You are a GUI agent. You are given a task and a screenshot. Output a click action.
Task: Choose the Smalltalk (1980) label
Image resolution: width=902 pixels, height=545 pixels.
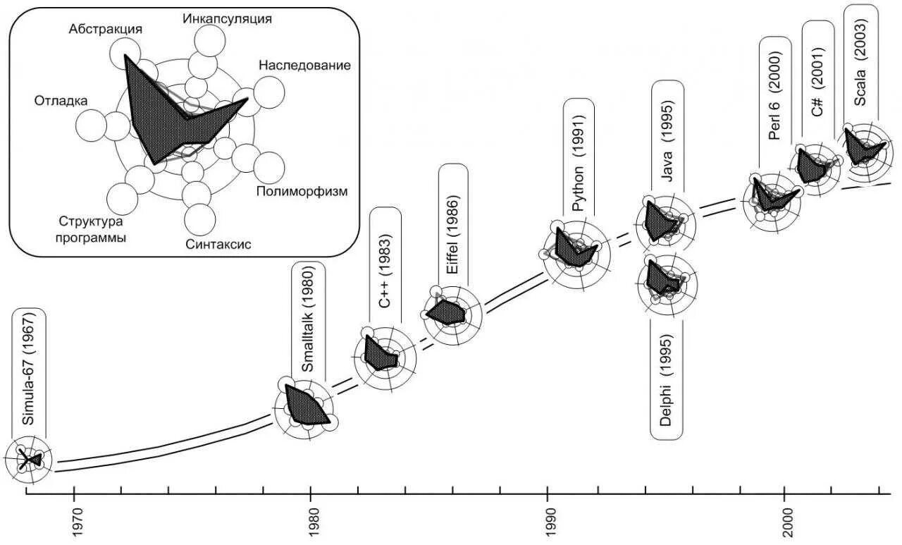308,323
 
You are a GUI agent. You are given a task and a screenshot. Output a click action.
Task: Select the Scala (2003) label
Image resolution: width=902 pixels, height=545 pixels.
860,61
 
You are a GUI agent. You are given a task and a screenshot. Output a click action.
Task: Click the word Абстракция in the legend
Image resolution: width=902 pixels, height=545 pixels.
106,29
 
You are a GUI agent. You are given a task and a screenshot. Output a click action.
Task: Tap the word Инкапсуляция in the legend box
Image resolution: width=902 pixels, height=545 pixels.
227,18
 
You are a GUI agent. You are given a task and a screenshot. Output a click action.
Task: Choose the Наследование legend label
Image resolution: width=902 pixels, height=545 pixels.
304,66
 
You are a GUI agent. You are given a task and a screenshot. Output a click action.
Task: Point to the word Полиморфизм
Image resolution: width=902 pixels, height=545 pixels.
302,191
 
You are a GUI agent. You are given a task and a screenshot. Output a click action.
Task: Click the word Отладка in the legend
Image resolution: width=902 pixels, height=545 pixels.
61,101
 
